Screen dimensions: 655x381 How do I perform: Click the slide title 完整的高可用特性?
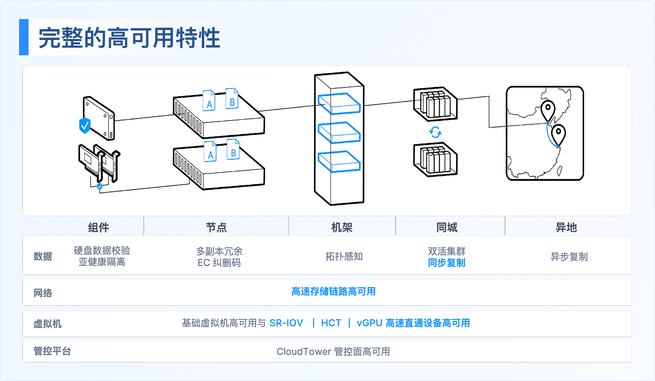pos(129,38)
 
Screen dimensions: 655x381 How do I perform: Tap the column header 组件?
pos(99,227)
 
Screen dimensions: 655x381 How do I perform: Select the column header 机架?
pos(341,227)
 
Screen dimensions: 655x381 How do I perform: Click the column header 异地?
pos(566,227)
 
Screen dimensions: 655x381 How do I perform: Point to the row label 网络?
pos(43,292)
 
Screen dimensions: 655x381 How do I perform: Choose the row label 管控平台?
pos(52,351)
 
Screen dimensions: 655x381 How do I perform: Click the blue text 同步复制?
pos(447,262)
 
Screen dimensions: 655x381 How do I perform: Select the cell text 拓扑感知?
pos(344,256)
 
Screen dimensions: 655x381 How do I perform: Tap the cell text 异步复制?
pos(569,257)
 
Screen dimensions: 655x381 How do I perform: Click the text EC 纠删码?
pos(219,262)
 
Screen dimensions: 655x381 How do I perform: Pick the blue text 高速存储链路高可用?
pos(333,291)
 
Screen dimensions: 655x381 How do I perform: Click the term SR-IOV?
pos(286,323)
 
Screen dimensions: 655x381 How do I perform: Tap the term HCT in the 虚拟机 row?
pos(331,323)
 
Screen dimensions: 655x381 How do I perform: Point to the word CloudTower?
pos(304,351)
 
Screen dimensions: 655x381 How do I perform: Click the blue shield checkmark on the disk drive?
pos(85,125)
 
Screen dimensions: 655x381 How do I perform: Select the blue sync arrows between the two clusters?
pos(435,132)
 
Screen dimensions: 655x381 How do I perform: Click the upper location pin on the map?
pos(548,111)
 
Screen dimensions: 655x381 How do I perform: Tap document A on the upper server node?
pos(209,100)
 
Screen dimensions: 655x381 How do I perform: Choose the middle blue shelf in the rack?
pos(339,132)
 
